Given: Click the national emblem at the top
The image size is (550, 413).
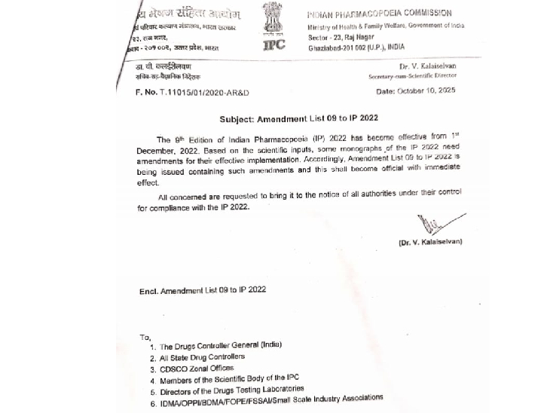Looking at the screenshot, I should pos(274,17).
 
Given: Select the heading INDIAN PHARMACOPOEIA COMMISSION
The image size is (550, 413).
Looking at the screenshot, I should pos(390,14).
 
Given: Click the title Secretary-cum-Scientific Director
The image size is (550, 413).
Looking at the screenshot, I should pos(412,76).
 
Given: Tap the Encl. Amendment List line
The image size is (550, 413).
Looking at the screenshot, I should pos(202,289).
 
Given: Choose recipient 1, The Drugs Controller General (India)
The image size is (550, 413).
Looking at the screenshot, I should pos(215,345).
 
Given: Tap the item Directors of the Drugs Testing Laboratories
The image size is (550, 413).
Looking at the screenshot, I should pos(232,390).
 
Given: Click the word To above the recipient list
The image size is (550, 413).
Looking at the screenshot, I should pos(145,337).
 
